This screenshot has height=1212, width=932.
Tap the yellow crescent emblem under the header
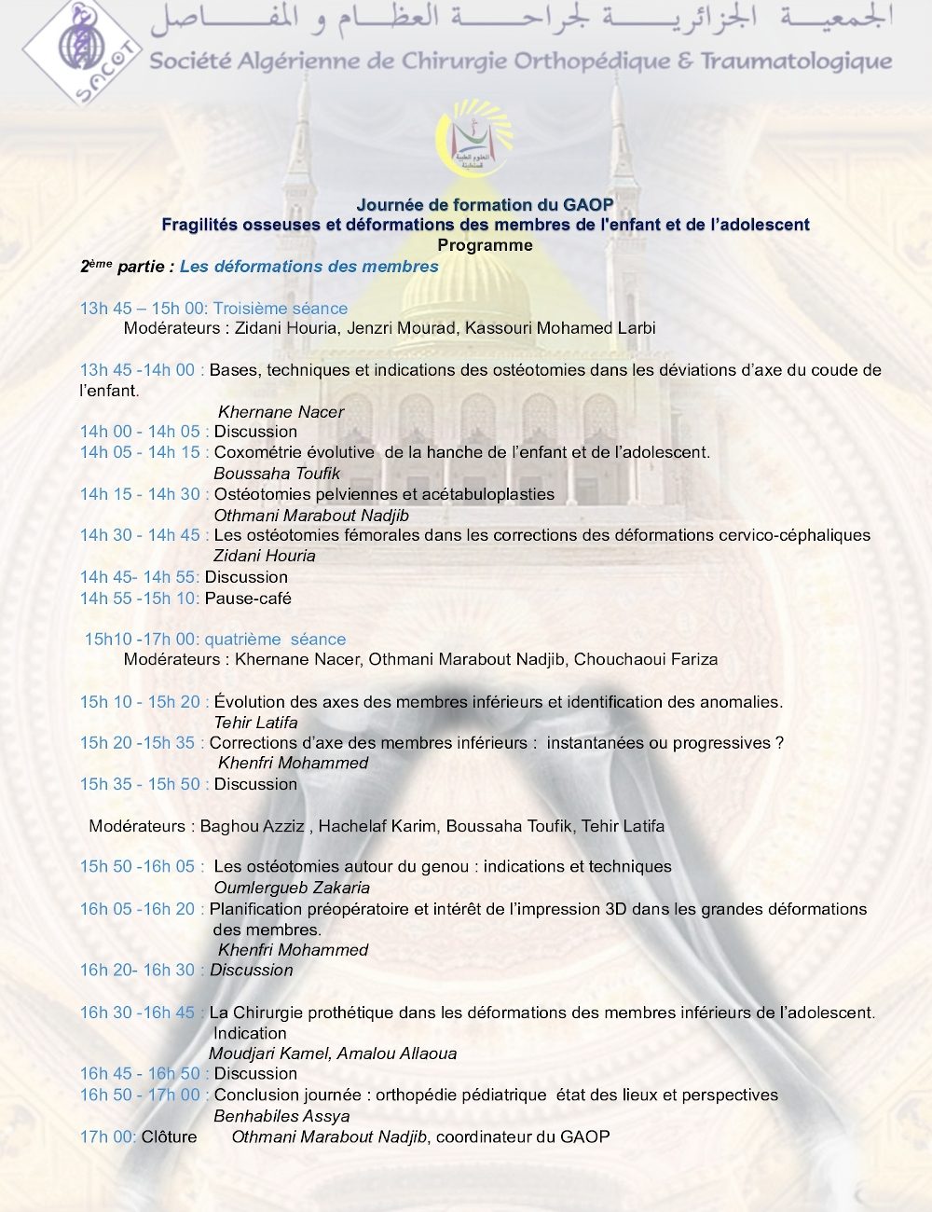(x=474, y=140)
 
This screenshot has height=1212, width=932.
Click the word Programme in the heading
(x=485, y=245)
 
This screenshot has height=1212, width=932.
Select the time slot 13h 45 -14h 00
(x=139, y=370)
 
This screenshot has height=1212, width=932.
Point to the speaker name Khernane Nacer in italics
(x=281, y=412)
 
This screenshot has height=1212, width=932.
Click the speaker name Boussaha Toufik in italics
(x=277, y=474)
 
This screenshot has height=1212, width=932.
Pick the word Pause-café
(x=248, y=599)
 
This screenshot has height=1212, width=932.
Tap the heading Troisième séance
(x=281, y=309)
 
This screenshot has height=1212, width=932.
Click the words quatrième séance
(x=275, y=640)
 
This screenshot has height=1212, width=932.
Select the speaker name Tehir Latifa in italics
(x=255, y=723)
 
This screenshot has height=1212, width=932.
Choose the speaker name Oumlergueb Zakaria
(x=292, y=888)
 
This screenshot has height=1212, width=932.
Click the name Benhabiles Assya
(x=281, y=1116)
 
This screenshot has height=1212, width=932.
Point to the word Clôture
(x=169, y=1136)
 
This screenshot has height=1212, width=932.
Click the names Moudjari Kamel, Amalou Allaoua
(x=333, y=1054)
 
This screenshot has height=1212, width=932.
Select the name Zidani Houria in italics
(x=265, y=556)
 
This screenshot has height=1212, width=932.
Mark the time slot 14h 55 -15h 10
(x=139, y=599)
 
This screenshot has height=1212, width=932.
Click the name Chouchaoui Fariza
(x=646, y=659)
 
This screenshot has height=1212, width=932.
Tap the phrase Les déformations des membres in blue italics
(x=309, y=267)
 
